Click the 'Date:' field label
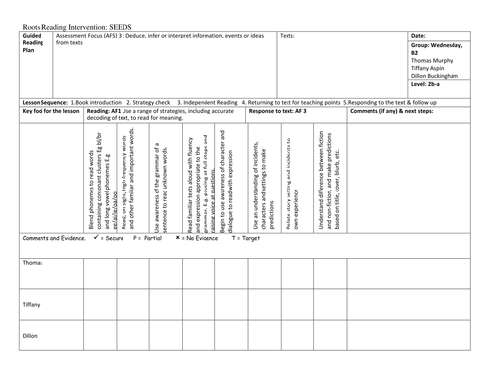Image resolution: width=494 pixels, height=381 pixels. click(418, 36)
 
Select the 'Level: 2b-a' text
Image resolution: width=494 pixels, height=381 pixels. click(427, 94)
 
